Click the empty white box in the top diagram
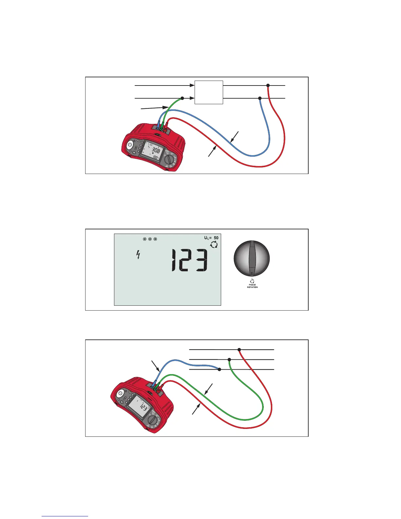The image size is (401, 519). point(209,92)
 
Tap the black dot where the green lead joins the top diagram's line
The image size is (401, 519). point(182,98)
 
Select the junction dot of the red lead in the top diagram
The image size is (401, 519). point(268,85)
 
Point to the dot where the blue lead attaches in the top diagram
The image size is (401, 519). point(260,98)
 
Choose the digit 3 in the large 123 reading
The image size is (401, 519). point(200,260)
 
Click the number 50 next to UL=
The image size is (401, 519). point(216,238)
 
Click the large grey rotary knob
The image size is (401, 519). point(252,259)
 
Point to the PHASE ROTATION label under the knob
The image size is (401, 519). point(252,286)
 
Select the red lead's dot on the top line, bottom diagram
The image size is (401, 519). point(239,350)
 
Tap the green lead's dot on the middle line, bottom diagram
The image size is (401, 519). point(229,359)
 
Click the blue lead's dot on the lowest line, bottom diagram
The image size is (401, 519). point(219,369)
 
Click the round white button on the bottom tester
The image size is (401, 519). point(121,393)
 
